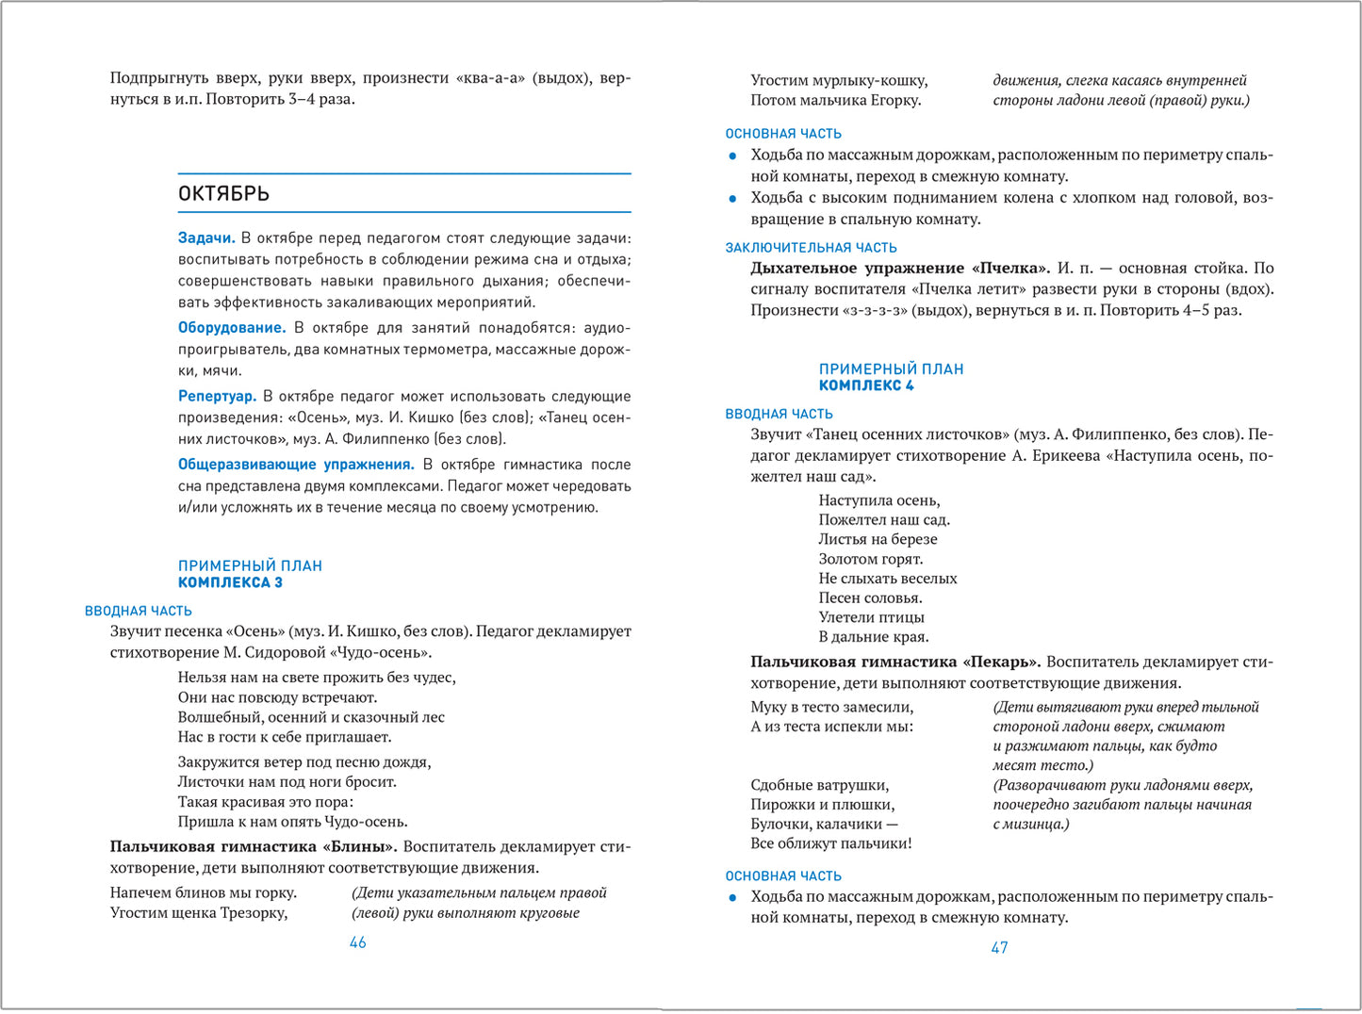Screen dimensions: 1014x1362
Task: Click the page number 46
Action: click(357, 942)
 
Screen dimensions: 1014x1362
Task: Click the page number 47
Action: click(999, 948)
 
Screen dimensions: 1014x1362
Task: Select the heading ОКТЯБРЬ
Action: click(223, 193)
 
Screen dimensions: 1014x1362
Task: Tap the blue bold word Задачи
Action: click(205, 238)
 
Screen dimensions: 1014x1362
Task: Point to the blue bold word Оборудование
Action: click(231, 328)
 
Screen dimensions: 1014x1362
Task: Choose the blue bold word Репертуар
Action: click(217, 397)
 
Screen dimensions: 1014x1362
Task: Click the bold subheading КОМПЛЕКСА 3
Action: click(230, 582)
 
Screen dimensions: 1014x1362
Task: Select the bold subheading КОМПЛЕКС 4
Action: click(866, 385)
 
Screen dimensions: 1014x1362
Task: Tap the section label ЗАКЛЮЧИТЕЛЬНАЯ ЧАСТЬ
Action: click(811, 248)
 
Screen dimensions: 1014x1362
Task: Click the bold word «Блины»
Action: click(359, 846)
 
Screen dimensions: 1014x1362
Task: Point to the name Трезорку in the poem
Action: click(254, 912)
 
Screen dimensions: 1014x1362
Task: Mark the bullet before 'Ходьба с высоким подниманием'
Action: click(732, 199)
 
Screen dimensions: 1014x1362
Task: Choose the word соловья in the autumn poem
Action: click(894, 597)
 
